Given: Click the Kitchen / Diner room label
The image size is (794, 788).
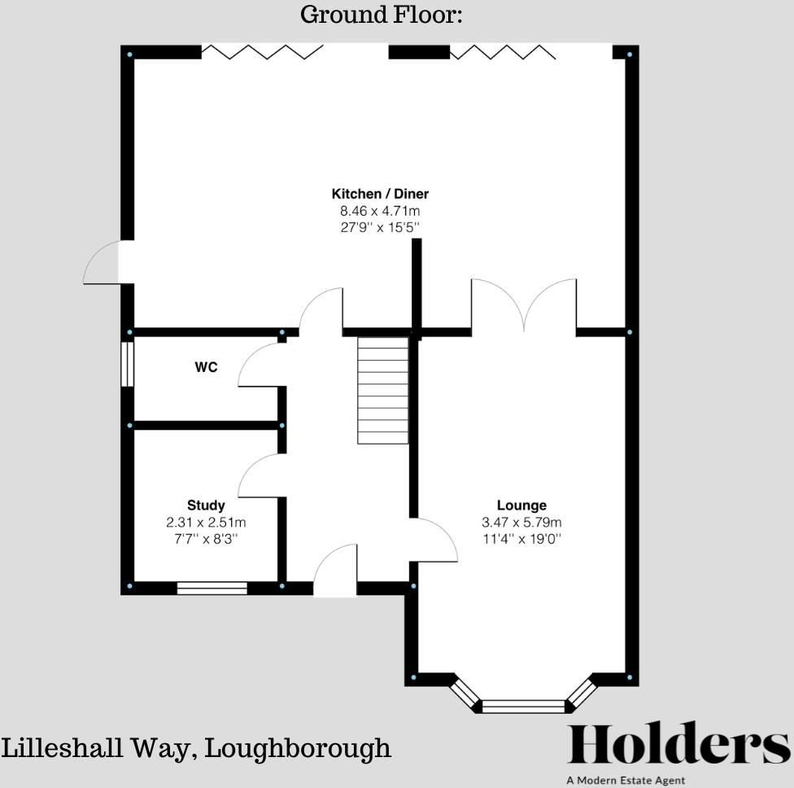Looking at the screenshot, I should [x=380, y=194].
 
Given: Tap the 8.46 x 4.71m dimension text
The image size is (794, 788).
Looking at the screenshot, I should [x=380, y=211].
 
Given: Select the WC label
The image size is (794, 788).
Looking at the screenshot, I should [x=206, y=367].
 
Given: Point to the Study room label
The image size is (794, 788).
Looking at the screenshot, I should [x=206, y=506].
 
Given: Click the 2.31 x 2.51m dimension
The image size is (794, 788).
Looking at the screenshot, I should [x=206, y=522].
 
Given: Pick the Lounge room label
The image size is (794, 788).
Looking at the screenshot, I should [x=521, y=506].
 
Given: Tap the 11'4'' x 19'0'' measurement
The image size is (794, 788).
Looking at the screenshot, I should [x=521, y=538].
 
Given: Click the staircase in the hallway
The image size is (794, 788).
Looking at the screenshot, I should [x=382, y=391].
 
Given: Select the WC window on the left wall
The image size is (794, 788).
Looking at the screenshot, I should [x=127, y=363].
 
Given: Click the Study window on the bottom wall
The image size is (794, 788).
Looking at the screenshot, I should [x=212, y=588].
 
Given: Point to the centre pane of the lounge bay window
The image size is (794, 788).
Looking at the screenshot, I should [x=523, y=706].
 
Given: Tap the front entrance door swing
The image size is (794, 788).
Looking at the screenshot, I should [x=335, y=570].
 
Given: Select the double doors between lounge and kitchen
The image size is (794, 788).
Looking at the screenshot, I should [x=524, y=305].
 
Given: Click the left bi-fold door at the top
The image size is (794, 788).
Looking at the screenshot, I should [x=263, y=52].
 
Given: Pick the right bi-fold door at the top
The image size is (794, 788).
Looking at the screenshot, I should [x=503, y=52].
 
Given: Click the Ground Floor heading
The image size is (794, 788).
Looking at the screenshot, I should [x=382, y=15].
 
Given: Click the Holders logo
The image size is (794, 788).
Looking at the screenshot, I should [x=678, y=745].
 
